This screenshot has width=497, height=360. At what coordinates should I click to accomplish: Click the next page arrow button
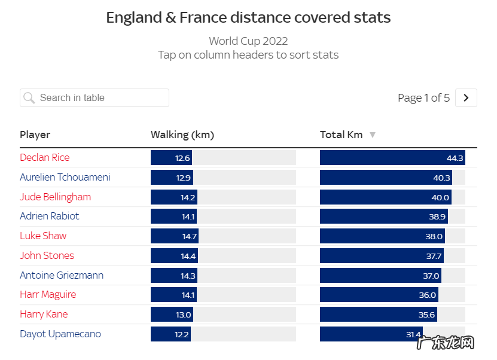coord(466,97)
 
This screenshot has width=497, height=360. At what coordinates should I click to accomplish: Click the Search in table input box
coord(102,97)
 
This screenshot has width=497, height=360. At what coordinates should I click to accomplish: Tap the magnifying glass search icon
coord(29,97)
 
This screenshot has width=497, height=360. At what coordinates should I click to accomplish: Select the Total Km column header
coord(341,135)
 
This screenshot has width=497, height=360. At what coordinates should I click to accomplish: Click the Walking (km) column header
coord(182,135)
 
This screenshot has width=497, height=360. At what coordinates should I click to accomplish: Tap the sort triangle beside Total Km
coord(373,135)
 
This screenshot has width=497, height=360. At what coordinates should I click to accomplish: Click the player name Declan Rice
coord(44,157)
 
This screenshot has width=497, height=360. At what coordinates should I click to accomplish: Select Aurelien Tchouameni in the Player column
coord(65,177)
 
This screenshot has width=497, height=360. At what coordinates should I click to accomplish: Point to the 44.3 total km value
coord(455,158)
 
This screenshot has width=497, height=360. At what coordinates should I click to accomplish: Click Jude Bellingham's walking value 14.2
coord(188,197)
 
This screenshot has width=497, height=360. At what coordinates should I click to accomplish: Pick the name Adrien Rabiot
coord(49,216)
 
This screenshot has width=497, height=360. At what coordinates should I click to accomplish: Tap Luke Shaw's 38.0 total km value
coord(434,236)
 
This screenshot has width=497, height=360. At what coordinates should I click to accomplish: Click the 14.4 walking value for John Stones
coord(188,256)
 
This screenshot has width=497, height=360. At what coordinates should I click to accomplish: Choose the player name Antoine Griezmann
coord(61,275)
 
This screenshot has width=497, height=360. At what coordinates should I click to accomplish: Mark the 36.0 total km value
coord(427,295)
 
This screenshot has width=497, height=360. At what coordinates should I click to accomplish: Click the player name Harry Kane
coord(44,314)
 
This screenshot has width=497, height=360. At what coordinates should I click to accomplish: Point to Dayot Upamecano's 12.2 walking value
coord(182,334)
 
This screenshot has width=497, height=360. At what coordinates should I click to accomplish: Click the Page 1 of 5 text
coord(423,97)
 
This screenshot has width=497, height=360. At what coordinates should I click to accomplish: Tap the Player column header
coord(35,135)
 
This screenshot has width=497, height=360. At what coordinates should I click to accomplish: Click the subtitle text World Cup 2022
coord(248,41)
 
